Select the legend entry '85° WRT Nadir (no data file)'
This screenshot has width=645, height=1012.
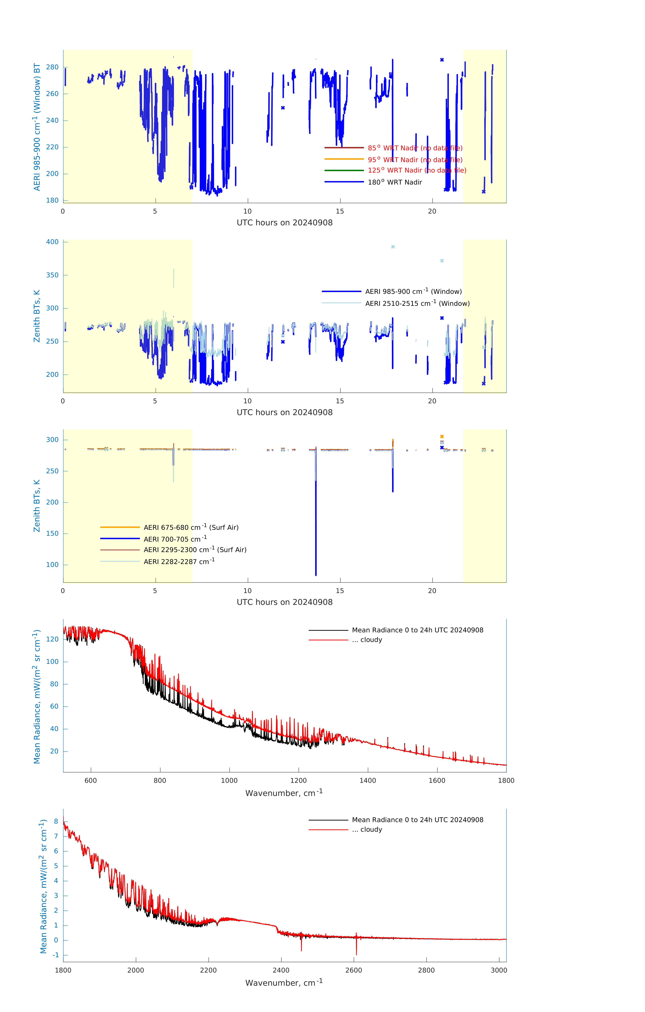pyautogui.click(x=415, y=148)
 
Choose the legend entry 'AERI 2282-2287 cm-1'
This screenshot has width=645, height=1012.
pyautogui.click(x=179, y=561)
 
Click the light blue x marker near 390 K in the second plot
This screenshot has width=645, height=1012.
pyautogui.click(x=393, y=247)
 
